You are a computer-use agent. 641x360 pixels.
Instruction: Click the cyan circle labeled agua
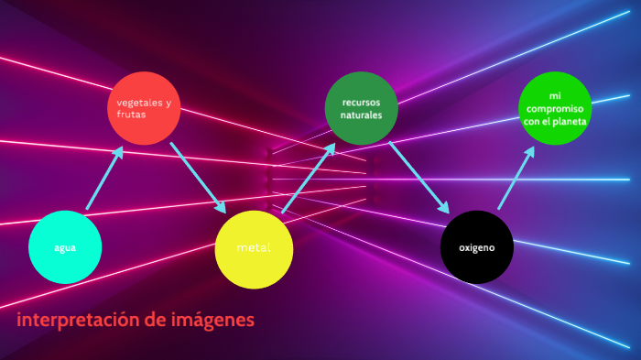[x=64, y=247]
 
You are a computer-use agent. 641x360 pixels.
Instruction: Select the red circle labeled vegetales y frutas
[x=145, y=108]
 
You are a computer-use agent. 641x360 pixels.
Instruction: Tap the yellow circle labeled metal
[x=253, y=248]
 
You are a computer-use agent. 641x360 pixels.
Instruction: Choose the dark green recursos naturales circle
[x=361, y=108]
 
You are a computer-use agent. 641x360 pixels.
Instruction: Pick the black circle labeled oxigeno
[x=475, y=247]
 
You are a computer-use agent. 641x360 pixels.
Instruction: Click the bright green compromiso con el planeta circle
[x=555, y=108]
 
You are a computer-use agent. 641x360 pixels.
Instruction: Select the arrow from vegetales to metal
[x=197, y=177]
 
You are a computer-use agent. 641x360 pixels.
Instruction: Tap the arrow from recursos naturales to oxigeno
[x=418, y=177]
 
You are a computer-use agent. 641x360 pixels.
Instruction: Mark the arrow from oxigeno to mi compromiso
[x=516, y=179]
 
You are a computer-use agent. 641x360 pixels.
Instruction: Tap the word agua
[x=64, y=248]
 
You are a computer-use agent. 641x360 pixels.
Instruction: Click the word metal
[x=253, y=248]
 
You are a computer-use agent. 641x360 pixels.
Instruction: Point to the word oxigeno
[x=475, y=248]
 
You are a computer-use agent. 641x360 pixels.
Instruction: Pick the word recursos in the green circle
[x=361, y=102]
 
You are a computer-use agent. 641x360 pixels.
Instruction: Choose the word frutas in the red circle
[x=132, y=115]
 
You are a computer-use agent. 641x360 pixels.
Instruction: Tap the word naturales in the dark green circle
[x=361, y=115]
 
